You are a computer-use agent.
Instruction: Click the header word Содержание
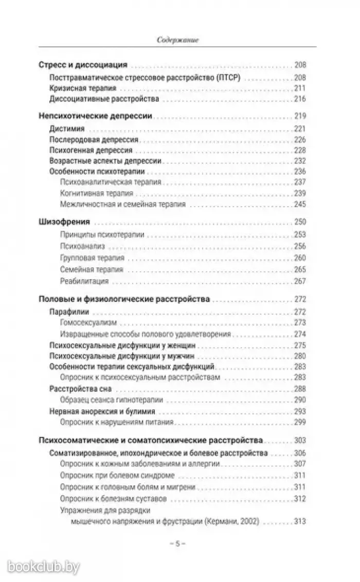pos(178,39)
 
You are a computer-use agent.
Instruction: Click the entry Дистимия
pos(67,129)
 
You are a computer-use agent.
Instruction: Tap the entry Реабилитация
pos(84,281)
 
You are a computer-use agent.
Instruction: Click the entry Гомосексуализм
pos(88,322)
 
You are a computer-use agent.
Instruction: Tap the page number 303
pos(300,440)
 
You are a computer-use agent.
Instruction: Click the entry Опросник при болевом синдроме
pos(117,475)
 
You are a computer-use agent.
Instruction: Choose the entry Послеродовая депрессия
pos(94,140)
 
